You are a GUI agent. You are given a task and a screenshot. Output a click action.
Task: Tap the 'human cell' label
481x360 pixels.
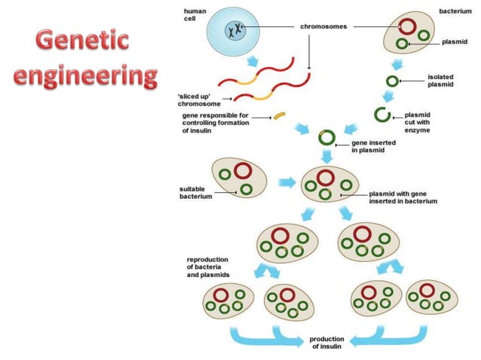coord(195,15)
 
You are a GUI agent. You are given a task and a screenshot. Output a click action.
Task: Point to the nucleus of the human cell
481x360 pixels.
coord(235,30)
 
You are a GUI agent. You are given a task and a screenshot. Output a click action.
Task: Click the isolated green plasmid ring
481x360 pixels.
coord(392,81)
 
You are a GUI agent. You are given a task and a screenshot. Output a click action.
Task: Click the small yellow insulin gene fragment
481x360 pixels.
coord(280,115)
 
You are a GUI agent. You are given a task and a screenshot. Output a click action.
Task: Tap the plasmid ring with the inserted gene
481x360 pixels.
coord(326,137)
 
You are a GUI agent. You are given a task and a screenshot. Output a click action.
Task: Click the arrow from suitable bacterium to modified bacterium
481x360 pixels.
coord(287,182)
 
